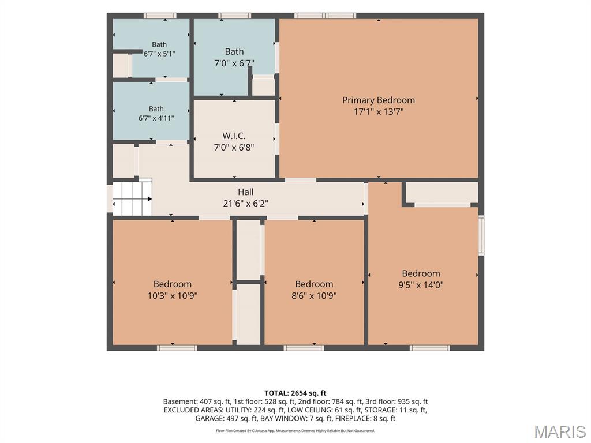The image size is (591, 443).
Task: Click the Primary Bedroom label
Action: pos(379,100)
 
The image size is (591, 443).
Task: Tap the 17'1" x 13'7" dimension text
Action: pos(379,111)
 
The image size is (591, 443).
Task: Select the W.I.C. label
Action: pos(234,136)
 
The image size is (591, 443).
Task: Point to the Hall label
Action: pos(246,192)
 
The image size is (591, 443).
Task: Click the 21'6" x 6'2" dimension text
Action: pos(246,204)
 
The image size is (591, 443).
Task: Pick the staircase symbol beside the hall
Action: pos(133,197)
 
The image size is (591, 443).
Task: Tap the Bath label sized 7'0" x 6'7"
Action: pos(234,51)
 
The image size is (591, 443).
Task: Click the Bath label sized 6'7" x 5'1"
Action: pos(159,44)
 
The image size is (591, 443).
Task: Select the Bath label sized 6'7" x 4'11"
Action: pos(156,109)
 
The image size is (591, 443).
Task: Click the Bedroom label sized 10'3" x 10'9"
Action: pos(172,284)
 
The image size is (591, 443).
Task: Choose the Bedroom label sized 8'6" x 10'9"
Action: pos(314,284)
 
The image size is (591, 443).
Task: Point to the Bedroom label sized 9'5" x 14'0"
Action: pos(421,273)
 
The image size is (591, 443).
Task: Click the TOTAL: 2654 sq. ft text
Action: pos(295,393)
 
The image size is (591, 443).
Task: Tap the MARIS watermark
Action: pos(560,431)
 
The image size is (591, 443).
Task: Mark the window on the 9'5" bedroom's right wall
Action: pos(481,235)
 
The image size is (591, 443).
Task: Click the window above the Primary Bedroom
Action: pos(325,16)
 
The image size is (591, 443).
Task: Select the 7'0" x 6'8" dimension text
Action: pos(234,147)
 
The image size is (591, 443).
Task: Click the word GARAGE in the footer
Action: pos(209,418)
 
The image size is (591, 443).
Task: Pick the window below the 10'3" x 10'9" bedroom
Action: pos(177,348)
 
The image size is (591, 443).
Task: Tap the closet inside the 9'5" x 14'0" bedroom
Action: pos(442,193)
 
